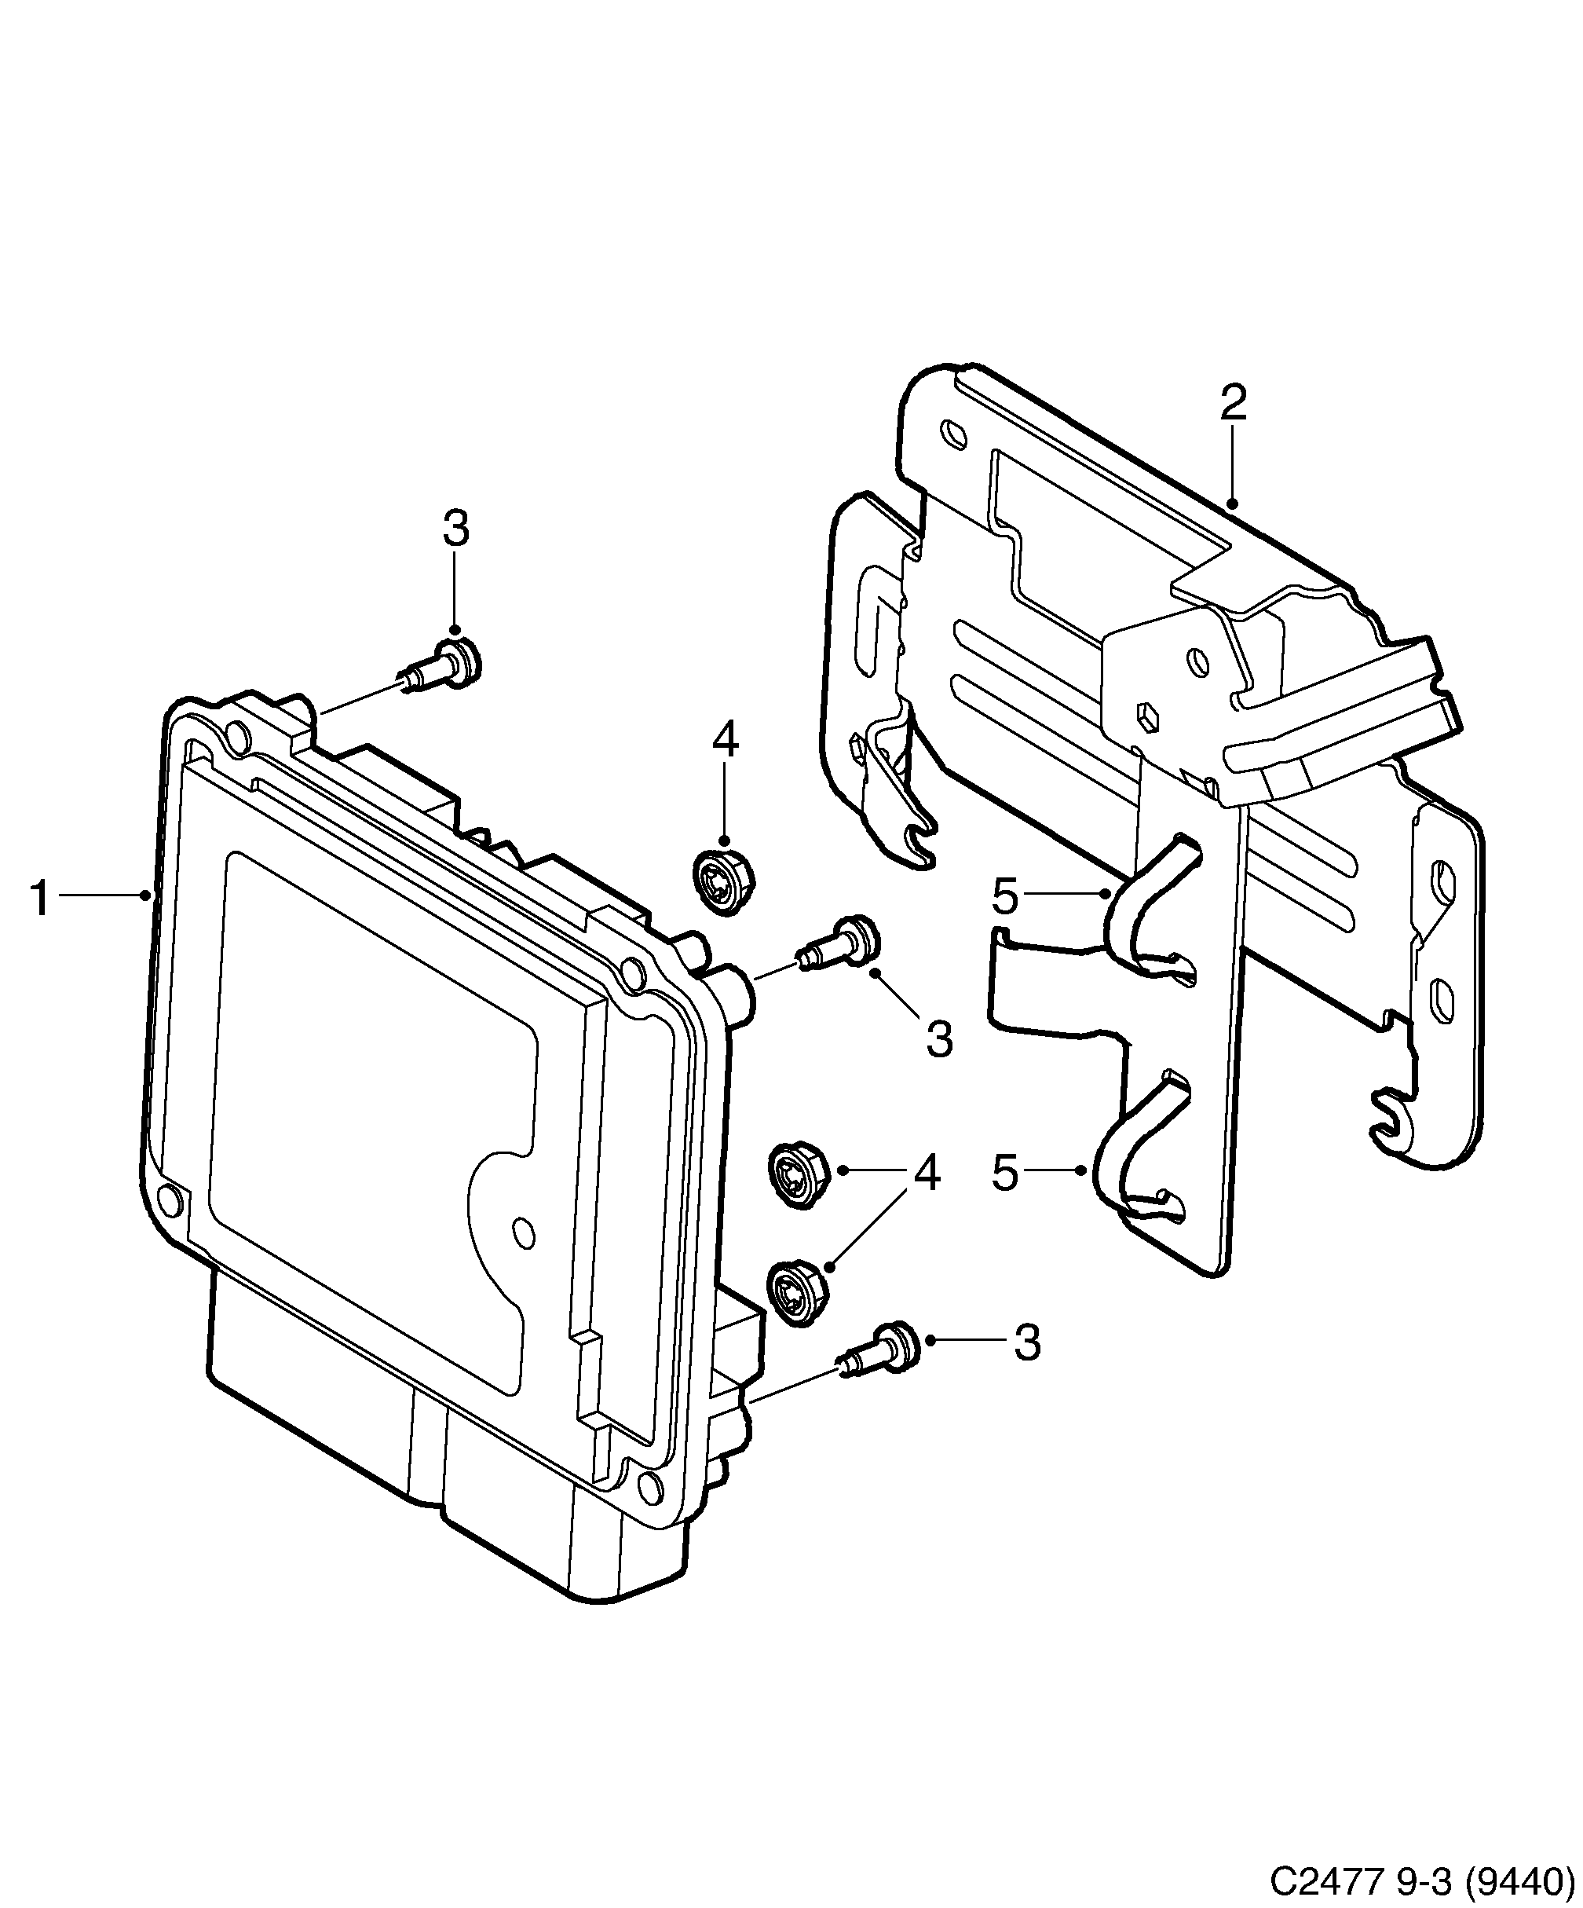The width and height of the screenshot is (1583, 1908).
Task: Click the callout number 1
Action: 39,899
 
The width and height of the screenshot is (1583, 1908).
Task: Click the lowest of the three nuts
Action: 798,1294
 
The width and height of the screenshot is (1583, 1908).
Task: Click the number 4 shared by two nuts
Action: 927,1173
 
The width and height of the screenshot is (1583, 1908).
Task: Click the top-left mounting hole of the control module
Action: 236,734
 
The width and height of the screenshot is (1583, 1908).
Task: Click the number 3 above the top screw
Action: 456,529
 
